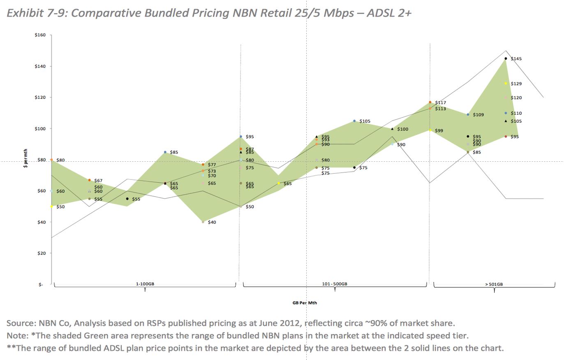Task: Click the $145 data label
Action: click(x=516, y=59)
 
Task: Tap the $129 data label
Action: click(x=516, y=84)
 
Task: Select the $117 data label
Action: click(x=440, y=102)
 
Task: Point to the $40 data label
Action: click(x=212, y=222)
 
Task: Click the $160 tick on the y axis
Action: click(x=40, y=35)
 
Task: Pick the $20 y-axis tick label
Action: click(x=41, y=253)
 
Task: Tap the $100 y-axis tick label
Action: click(x=40, y=128)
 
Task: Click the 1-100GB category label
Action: click(x=145, y=284)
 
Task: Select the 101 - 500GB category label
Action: click(x=335, y=284)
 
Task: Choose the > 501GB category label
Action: click(x=494, y=284)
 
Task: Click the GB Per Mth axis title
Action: click(x=305, y=303)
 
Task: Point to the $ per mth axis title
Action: click(x=25, y=160)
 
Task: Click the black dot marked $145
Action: click(x=506, y=58)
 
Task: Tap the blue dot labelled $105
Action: click(x=354, y=121)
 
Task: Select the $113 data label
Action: click(x=440, y=109)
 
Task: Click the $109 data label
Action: click(x=478, y=115)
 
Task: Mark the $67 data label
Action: click(x=98, y=181)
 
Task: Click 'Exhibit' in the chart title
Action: click(x=25, y=13)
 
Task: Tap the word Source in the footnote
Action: click(x=20, y=323)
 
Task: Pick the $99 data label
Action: click(x=439, y=131)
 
